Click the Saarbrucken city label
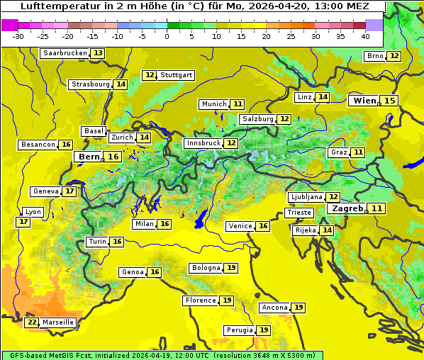point(65,53)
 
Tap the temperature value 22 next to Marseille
point(32,322)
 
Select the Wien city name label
point(365,101)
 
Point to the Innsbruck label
point(203,143)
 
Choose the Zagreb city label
point(347,208)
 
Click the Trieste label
point(299,213)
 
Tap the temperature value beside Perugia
point(264,330)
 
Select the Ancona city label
point(274,308)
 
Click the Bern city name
point(89,157)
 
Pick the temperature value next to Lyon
point(23,222)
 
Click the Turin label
point(98,242)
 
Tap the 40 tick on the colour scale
point(365,36)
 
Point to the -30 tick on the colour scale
point(18,36)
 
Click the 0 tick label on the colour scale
point(167,36)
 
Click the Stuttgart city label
point(177,75)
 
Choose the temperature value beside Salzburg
point(284,119)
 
